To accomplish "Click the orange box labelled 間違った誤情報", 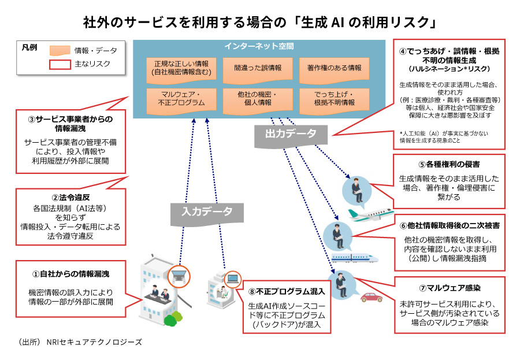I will pyautogui.click(x=258, y=68).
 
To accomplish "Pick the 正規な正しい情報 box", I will pyautogui.click(x=181, y=68).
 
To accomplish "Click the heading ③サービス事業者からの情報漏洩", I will pyautogui.click(x=70, y=124).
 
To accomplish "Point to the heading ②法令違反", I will pyautogui.click(x=70, y=198).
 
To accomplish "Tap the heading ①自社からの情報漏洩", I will pyautogui.click(x=70, y=273).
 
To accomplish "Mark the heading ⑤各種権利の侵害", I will pyautogui.click(x=448, y=164).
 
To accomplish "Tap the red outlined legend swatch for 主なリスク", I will pyautogui.click(x=60, y=64).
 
